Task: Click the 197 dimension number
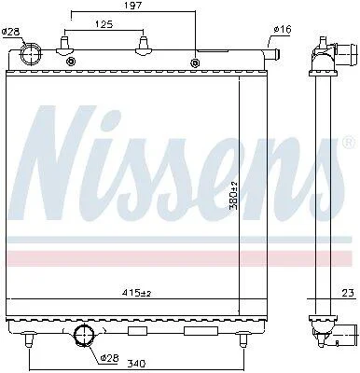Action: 134,6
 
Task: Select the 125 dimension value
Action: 104,24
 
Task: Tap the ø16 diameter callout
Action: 283,30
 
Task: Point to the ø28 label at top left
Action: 10,32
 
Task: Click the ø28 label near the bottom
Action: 110,358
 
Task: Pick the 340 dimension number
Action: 137,363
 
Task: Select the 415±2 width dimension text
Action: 138,293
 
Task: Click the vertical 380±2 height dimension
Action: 234,195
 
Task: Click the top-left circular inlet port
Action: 31,53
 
